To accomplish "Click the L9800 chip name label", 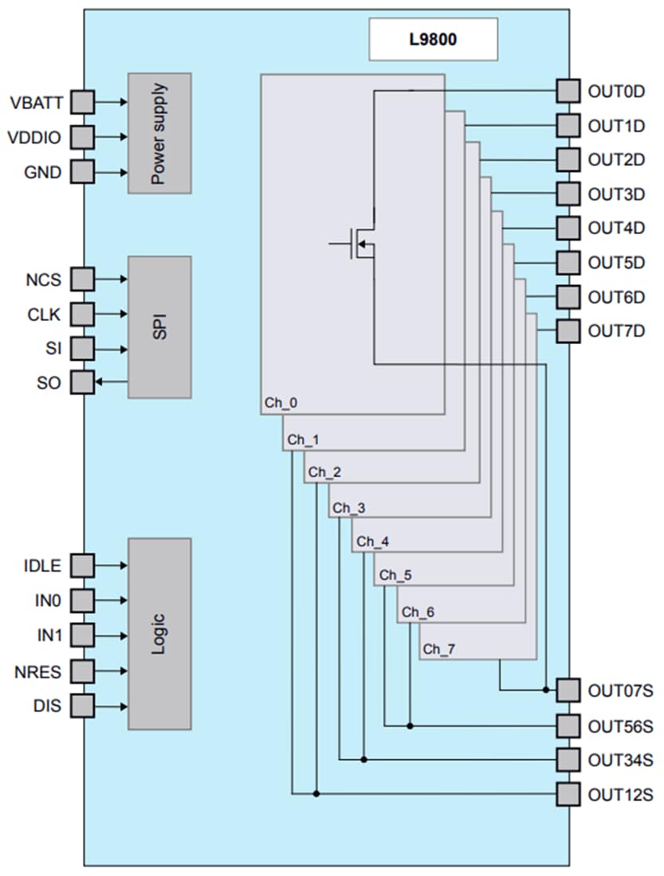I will tap(433, 39).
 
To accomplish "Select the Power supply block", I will tap(159, 133).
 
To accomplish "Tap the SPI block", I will tap(159, 327).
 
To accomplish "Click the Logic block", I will tap(159, 633).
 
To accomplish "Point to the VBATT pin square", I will tap(82, 102).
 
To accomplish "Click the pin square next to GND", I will tap(82, 171).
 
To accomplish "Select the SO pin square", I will tap(82, 382).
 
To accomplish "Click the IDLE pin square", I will tap(82, 565).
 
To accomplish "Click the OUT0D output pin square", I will tap(567, 91).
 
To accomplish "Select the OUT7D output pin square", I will tap(567, 330).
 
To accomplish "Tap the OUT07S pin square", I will tap(567, 690).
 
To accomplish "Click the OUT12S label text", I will tap(620, 794).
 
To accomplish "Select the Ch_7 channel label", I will tap(439, 649).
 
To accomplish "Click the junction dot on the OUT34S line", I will tap(364, 759).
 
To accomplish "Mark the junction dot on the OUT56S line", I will tap(410, 725).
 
